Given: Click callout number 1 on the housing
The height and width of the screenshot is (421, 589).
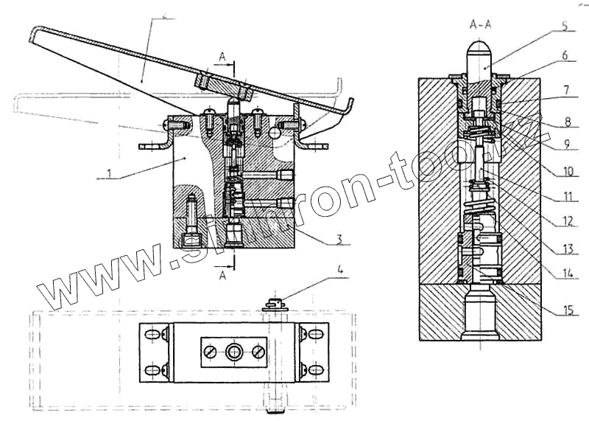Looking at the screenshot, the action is coord(108,175).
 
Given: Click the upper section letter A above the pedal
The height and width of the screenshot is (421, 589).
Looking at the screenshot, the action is coord(222,55).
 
